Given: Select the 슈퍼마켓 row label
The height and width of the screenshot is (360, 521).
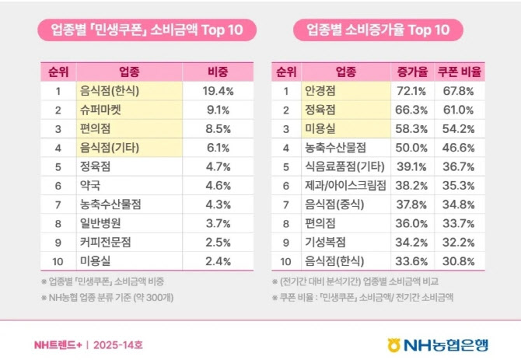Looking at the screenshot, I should click(102, 110).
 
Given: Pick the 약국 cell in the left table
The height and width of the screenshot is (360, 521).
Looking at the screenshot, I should click(90, 185).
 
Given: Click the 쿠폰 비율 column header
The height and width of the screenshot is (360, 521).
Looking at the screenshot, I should click(460, 72).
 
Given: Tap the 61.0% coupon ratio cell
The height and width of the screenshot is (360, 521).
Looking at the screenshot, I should click(460, 110).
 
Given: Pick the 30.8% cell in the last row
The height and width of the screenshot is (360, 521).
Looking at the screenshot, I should click(460, 260).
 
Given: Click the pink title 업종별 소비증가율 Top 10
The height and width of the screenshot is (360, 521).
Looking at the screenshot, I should click(378, 30).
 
